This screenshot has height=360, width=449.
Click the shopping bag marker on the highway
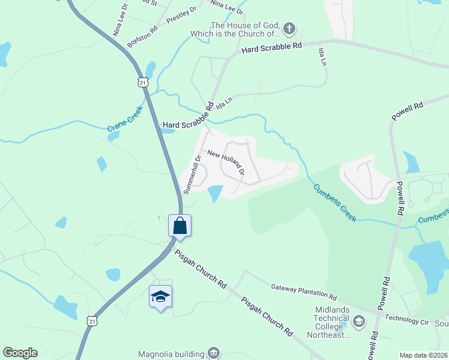click(179, 226)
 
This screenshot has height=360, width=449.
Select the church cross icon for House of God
click(289, 28)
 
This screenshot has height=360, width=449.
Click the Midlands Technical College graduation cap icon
click(358, 322)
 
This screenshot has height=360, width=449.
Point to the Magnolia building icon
click(214, 353)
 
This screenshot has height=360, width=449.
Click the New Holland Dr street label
click(226, 162)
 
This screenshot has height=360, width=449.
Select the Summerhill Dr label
click(191, 174)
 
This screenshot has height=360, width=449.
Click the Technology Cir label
click(407, 319)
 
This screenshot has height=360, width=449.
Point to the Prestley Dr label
click(181, 14)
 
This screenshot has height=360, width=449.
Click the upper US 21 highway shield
click(142, 82)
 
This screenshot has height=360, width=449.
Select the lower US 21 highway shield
click(91, 322)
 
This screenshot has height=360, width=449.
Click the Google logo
click(20, 353)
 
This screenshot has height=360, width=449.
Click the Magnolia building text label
click(171, 353)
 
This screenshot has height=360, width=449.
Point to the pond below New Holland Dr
click(214, 193)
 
